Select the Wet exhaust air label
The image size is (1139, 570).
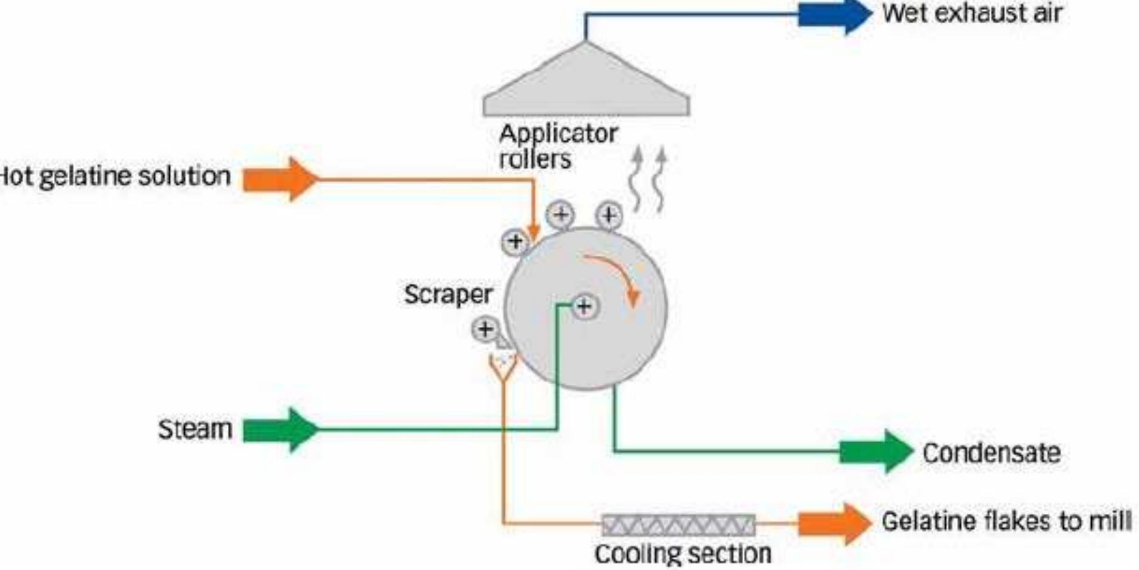(x=972, y=13)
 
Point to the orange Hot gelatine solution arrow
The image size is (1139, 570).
(x=280, y=179)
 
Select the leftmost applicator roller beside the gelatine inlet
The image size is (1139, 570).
(x=515, y=241)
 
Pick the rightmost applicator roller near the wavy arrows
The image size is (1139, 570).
(x=609, y=214)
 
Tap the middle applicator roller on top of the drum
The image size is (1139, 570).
(x=561, y=214)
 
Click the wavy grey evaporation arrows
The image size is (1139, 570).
(x=649, y=179)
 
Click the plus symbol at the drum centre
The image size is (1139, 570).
(x=584, y=307)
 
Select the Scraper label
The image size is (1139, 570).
(x=448, y=294)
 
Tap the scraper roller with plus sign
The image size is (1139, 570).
(x=485, y=329)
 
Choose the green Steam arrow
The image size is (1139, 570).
(x=280, y=430)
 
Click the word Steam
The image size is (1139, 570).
(x=195, y=429)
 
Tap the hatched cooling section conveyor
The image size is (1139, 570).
(x=678, y=525)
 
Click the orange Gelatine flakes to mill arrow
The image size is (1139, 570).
(x=833, y=523)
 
